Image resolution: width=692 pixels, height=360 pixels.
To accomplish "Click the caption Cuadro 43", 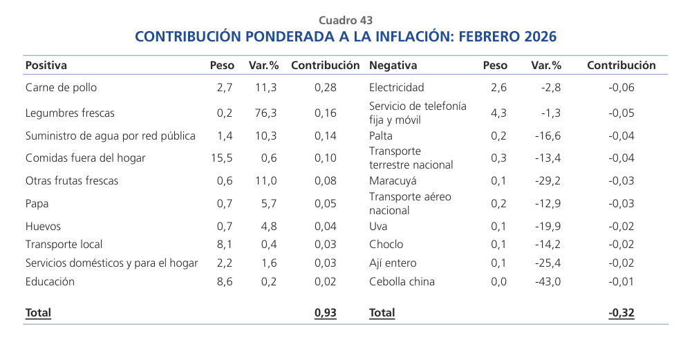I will click(x=346, y=21).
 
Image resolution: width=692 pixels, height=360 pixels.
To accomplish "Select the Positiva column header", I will click(x=46, y=66).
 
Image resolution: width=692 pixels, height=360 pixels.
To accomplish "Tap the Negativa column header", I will click(x=393, y=66).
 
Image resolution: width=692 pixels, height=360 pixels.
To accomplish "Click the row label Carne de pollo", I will click(x=61, y=88).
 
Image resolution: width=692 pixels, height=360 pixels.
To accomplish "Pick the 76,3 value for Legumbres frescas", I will click(x=265, y=113).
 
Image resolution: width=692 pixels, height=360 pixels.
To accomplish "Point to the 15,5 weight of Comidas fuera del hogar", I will click(x=222, y=158).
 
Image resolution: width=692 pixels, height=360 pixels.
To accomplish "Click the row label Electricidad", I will click(x=397, y=88).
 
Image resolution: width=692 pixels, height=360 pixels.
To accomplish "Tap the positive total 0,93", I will click(x=325, y=313).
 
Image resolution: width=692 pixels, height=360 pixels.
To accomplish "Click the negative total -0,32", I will click(x=621, y=313).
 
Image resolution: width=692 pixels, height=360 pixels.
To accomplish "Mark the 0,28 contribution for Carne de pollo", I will click(x=326, y=88).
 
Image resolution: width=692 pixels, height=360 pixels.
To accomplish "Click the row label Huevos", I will click(x=43, y=227).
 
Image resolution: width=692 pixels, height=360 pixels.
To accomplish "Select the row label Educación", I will click(x=50, y=282).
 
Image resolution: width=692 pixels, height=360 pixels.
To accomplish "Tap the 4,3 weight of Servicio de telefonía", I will click(x=499, y=113).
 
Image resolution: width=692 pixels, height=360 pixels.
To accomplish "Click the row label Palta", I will click(x=381, y=135).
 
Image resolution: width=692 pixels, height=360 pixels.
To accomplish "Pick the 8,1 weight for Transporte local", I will click(x=225, y=245).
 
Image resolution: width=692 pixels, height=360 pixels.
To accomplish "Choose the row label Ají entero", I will click(x=393, y=263).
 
